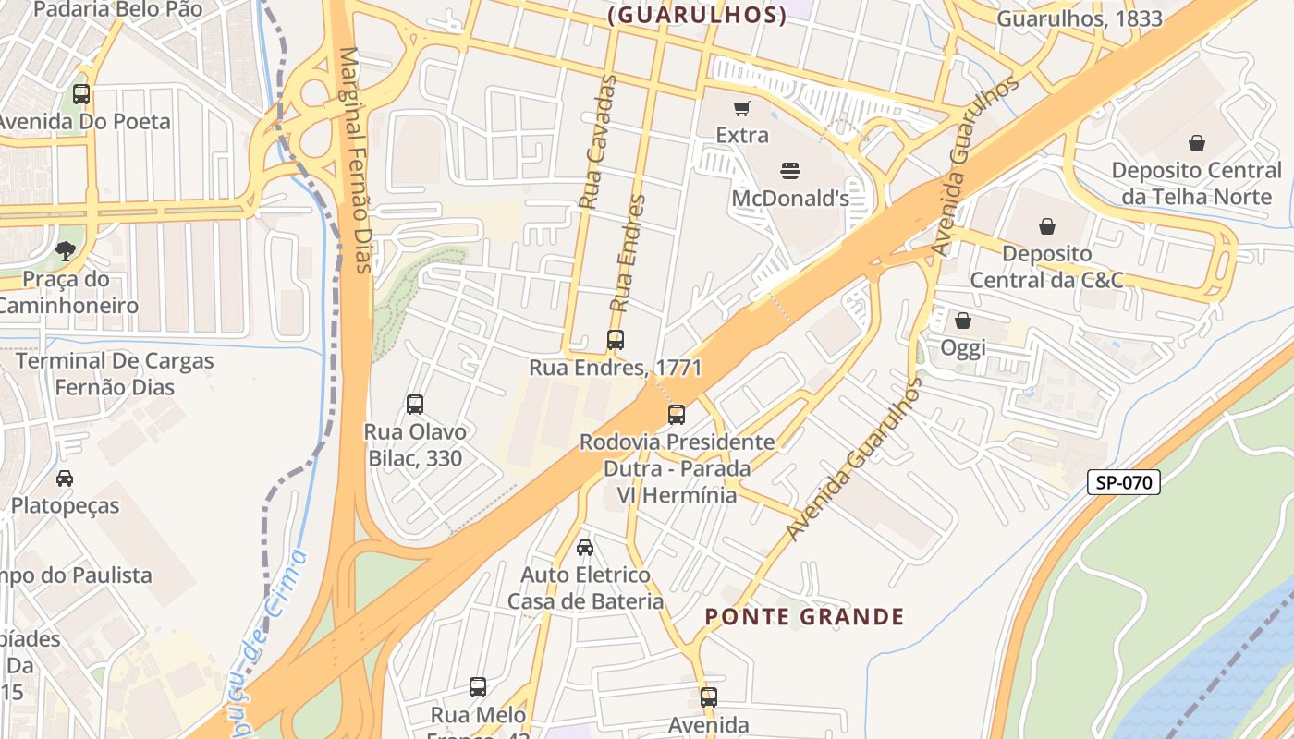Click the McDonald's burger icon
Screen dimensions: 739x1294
tap(789, 170)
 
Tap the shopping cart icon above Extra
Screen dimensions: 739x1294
tap(741, 108)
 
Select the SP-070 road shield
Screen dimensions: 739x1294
tap(1123, 481)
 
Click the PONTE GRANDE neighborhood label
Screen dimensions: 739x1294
tap(804, 616)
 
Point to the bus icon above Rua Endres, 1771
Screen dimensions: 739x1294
tap(616, 339)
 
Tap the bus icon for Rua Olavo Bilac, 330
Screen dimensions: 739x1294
tap(415, 404)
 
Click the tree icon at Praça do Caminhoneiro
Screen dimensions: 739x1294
tap(65, 250)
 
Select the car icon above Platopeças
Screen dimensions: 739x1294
tap(65, 478)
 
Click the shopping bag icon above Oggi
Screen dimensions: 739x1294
tap(963, 321)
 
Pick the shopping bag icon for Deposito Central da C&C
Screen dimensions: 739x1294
tap(1047, 226)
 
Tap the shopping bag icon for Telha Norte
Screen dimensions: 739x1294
tap(1197, 143)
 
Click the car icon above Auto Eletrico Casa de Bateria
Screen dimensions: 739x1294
tap(585, 548)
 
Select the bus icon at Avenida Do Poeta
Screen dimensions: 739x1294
tap(81, 93)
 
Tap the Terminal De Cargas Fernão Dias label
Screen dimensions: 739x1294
tap(115, 374)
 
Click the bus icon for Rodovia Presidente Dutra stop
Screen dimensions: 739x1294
tap(677, 414)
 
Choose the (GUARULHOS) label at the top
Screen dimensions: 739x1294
tap(698, 15)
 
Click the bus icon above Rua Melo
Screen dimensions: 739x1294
tap(478, 686)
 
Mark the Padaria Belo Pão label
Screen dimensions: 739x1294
tap(117, 10)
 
